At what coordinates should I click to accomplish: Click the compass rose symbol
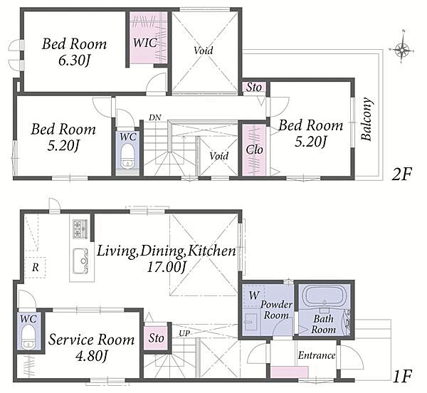coord(402,50)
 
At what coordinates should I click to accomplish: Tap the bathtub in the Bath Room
coord(324,297)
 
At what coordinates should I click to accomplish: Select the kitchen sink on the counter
coord(80,261)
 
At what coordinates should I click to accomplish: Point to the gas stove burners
coord(80,229)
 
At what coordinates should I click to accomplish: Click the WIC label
coord(145,43)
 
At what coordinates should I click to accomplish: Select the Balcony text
coord(367,119)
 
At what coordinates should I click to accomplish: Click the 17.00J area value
coord(167,267)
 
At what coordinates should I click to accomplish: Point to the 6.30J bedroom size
coord(74,61)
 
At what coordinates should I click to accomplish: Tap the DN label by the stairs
coord(154,117)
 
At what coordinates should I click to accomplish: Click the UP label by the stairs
coord(184,333)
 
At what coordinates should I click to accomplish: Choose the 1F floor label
coord(402,376)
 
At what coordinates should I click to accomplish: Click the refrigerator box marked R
coord(35,267)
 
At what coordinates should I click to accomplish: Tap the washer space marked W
coord(253,295)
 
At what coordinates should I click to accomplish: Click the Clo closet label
coord(254,150)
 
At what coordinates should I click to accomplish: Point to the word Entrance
coord(317,355)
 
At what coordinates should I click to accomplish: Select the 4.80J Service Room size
coord(92,355)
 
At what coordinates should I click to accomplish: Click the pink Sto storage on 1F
coord(155,337)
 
